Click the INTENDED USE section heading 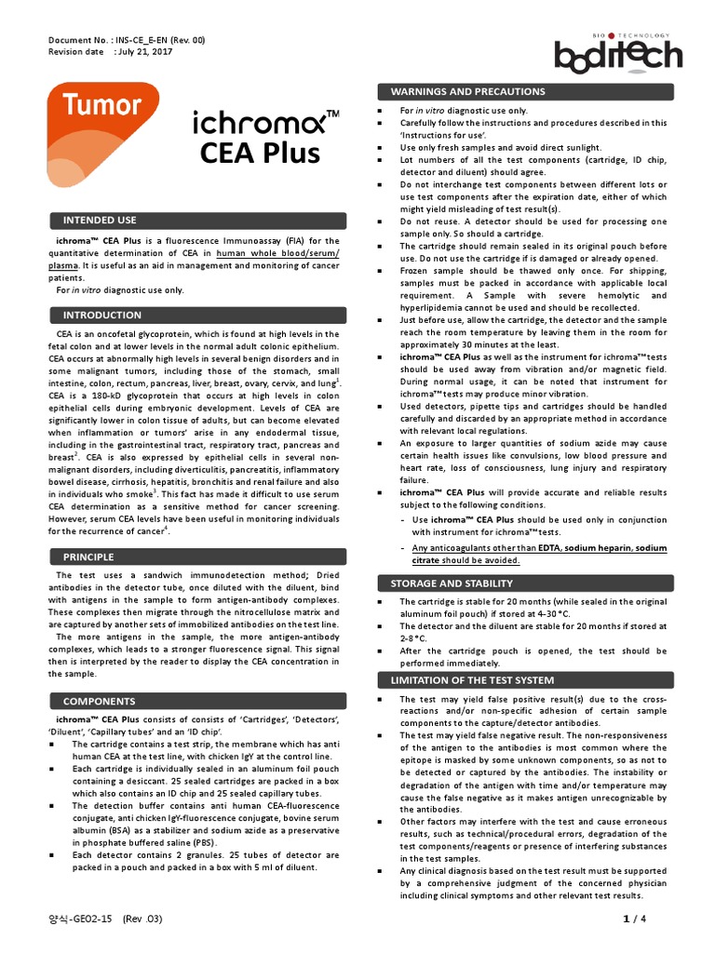(100, 221)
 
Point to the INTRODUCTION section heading (102, 315)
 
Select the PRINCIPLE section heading (88, 557)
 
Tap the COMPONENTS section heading (99, 700)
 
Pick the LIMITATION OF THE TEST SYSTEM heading (472, 679)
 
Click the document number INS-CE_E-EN (154, 42)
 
